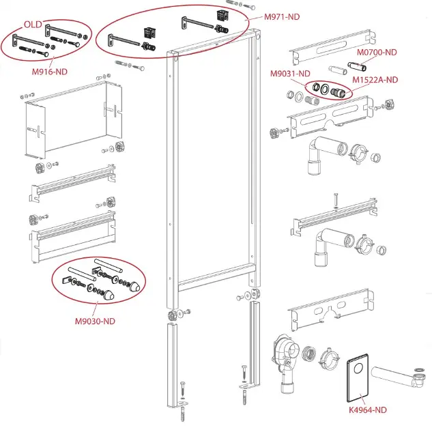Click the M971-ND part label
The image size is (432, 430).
(x=283, y=16)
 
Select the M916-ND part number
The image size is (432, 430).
(x=51, y=71)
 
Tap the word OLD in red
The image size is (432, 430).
(x=33, y=24)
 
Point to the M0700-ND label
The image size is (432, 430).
(x=377, y=52)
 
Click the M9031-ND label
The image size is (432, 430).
(x=290, y=74)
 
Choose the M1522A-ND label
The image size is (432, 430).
(x=375, y=80)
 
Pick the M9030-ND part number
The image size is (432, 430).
(x=95, y=321)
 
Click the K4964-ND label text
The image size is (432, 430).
(x=367, y=410)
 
